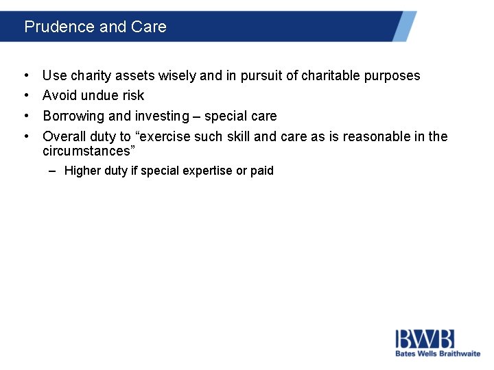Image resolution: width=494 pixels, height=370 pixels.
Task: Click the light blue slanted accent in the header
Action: [x=404, y=26]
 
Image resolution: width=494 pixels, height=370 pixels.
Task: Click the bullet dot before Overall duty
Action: [x=25, y=136]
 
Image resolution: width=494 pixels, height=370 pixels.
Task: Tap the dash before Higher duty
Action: [x=53, y=171]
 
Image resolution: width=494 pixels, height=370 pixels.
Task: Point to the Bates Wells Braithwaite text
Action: [x=437, y=354]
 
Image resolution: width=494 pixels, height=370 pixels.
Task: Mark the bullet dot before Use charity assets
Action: [x=25, y=76]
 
